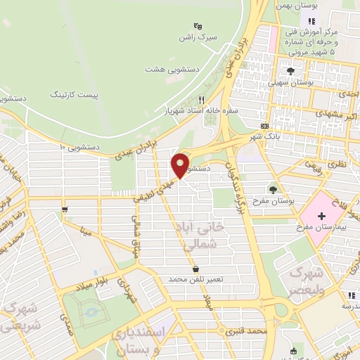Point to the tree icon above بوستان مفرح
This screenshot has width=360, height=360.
click(x=273, y=188)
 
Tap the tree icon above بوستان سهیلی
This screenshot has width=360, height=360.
click(x=290, y=70)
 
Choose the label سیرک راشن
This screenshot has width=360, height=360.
click(x=195, y=36)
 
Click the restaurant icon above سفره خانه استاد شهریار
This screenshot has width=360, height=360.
click(x=202, y=100)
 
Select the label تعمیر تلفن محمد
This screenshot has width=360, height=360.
click(x=195, y=279)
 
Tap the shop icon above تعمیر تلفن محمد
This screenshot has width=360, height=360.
click(x=195, y=269)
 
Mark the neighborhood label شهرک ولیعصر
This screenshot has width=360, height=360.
click(x=307, y=281)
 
